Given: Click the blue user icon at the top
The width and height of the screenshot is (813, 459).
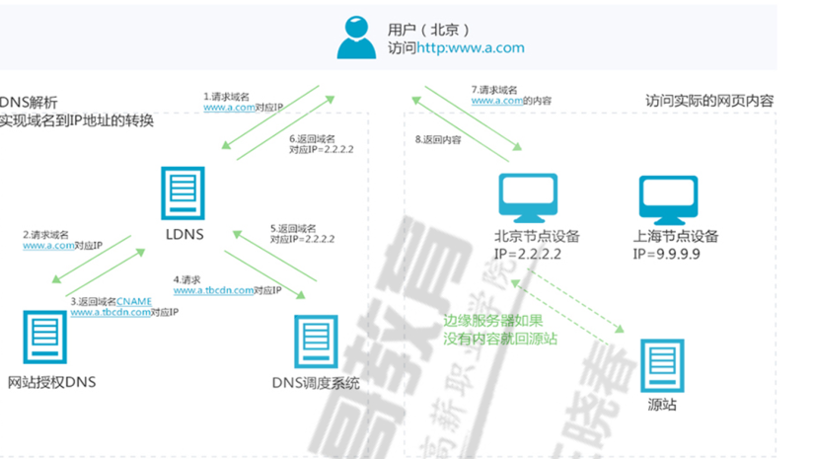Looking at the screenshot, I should [x=356, y=38].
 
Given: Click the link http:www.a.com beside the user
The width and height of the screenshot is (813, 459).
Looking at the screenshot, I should [x=470, y=47].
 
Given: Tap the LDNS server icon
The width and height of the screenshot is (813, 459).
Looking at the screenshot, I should [x=185, y=194].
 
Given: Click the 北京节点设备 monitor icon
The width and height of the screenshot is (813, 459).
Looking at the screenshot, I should [x=526, y=197].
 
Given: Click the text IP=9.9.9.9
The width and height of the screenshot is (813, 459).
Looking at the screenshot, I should [x=667, y=254].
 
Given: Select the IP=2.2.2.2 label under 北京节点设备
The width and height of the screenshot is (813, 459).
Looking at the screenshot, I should [x=529, y=254].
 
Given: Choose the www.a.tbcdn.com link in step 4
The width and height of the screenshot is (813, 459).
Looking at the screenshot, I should [x=212, y=291].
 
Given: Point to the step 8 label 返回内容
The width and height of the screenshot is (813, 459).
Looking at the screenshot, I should [x=438, y=140].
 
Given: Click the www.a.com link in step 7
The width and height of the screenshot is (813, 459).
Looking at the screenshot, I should [x=495, y=101].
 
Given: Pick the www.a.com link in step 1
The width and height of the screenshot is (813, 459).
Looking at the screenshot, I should [x=229, y=107].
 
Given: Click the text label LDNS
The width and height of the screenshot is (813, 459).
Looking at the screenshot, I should [x=185, y=235].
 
